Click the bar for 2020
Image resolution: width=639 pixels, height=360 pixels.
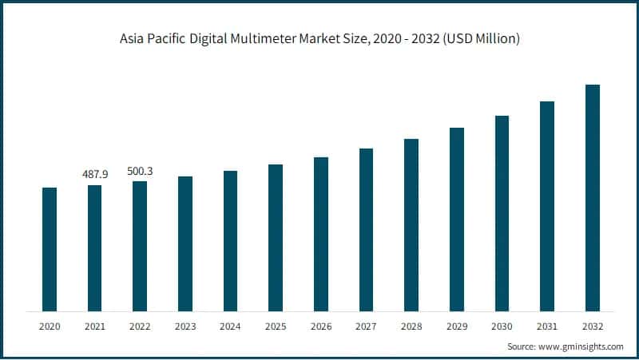point(50,249)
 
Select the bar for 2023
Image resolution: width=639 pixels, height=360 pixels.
point(185,243)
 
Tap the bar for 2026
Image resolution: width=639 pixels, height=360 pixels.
point(321,234)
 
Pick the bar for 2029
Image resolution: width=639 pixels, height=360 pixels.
point(457,219)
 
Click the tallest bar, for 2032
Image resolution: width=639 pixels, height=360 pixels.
point(593,197)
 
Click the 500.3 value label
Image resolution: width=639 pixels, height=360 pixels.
point(140,171)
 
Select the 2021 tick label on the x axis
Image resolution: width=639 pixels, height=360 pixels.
point(94,326)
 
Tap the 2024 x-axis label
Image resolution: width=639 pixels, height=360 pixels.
point(230,326)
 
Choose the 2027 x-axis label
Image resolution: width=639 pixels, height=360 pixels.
point(366,326)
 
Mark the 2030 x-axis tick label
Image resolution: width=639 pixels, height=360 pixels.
point(502,326)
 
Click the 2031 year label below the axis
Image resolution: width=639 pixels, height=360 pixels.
point(547,326)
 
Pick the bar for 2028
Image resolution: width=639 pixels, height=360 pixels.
point(411,225)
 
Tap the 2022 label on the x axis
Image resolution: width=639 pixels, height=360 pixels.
point(140,326)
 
